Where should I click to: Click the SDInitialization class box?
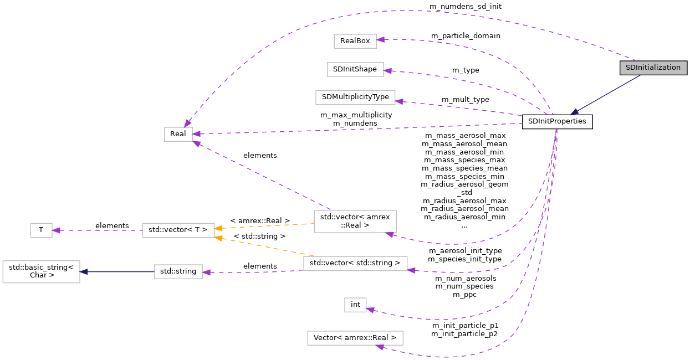653,68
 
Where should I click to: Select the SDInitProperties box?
557,121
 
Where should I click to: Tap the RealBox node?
355,40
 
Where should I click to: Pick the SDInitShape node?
355,69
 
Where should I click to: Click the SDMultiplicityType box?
355,97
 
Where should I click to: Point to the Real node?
178,134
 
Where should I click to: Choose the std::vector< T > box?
178,229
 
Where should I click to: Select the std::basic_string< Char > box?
41,271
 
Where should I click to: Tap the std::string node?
178,271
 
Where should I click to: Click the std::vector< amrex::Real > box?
355,221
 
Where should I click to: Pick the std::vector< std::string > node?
355,263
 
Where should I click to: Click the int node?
355,304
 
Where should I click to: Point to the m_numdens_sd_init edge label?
465,6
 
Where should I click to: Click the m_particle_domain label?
466,35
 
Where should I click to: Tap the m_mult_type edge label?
465,99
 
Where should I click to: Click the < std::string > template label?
259,236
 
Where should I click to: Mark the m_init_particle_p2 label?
464,334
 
